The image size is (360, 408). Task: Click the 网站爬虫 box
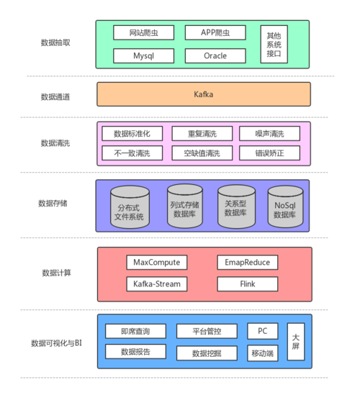click(x=144, y=32)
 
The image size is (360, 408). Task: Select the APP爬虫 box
click(x=215, y=32)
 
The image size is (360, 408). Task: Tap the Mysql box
click(x=144, y=55)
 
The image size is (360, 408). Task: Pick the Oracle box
click(x=215, y=55)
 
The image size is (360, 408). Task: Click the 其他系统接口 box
click(x=274, y=44)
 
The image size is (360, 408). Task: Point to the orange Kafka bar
click(x=204, y=94)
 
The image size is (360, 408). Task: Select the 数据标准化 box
click(x=132, y=134)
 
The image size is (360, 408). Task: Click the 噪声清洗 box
click(x=270, y=134)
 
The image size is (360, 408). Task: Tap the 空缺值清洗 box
click(x=202, y=153)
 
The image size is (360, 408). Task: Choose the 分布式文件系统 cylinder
click(x=130, y=207)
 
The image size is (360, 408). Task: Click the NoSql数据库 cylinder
click(x=286, y=207)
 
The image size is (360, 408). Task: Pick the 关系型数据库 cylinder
click(x=236, y=207)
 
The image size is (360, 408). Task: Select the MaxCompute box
click(x=157, y=262)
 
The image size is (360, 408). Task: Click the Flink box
click(x=248, y=284)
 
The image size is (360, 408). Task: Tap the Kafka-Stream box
click(x=157, y=284)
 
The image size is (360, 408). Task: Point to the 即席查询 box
click(x=135, y=331)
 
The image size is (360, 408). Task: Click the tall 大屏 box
click(x=296, y=342)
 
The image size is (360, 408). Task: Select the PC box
click(x=263, y=331)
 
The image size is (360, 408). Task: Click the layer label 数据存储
click(x=53, y=203)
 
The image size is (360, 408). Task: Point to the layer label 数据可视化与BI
click(x=56, y=343)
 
